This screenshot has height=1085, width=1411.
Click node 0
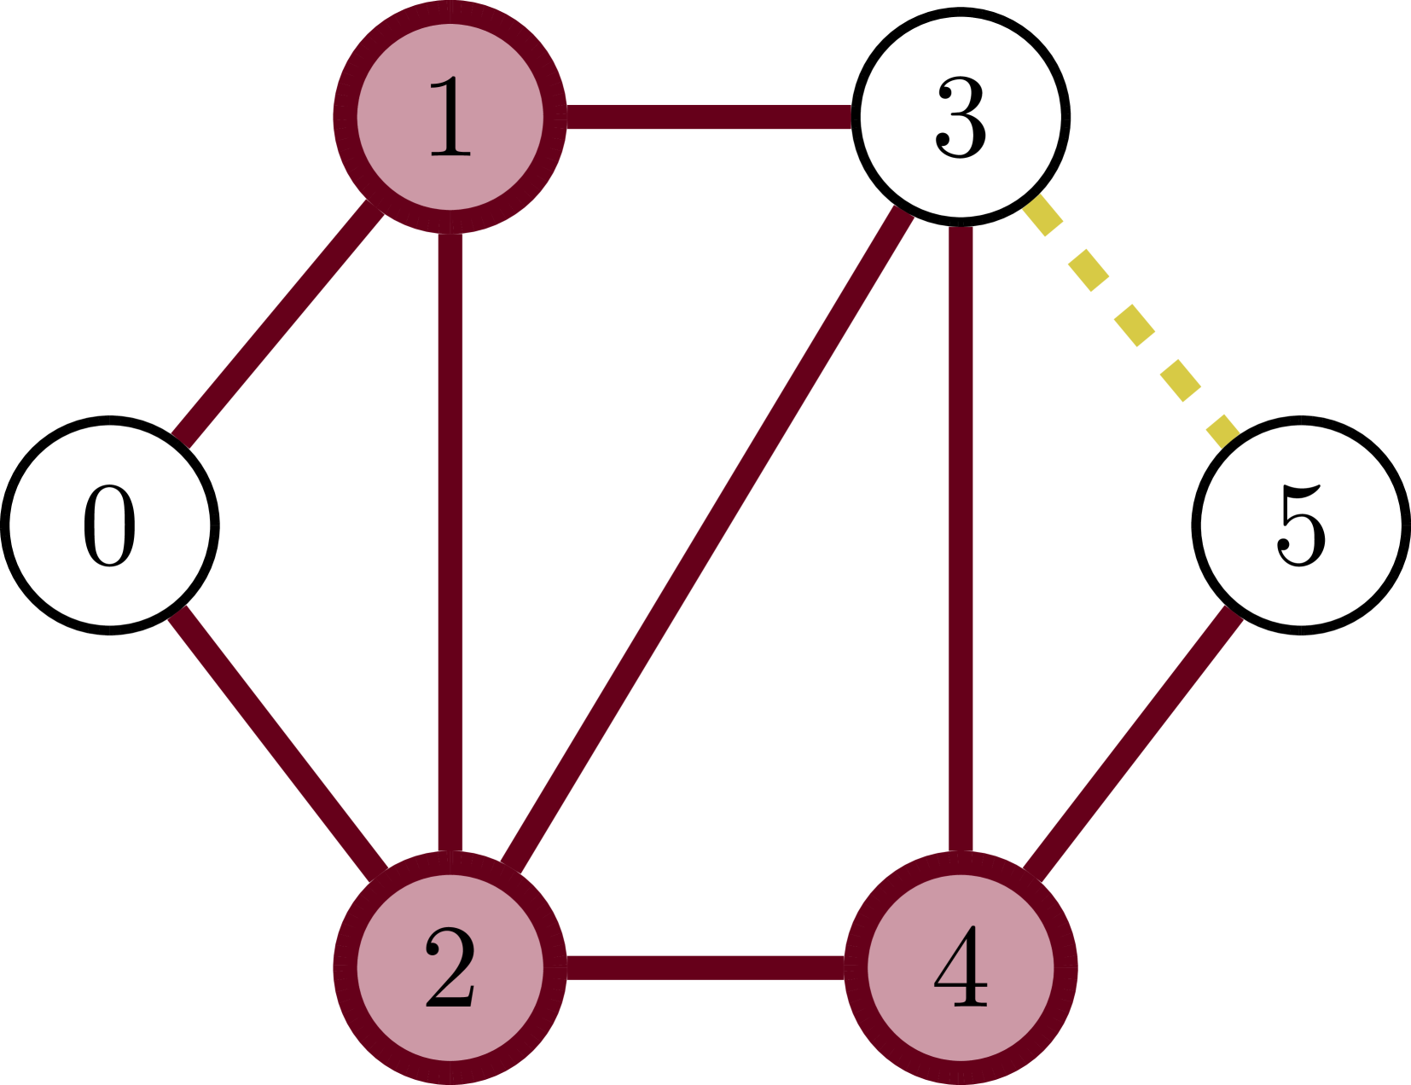click(110, 525)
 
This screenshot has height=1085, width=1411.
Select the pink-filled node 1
click(450, 117)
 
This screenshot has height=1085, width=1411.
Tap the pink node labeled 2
click(450, 968)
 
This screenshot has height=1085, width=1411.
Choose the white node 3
click(961, 117)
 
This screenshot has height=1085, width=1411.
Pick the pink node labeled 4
click(961, 968)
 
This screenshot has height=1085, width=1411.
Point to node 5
click(1301, 525)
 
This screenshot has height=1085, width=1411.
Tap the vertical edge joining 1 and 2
click(450, 542)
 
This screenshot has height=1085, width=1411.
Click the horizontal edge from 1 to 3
click(708, 117)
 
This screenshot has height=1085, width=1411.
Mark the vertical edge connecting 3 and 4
click(961, 542)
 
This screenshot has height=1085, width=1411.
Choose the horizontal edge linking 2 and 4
click(705, 968)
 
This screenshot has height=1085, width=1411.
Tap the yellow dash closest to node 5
click(1222, 431)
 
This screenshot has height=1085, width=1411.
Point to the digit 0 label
click(110, 525)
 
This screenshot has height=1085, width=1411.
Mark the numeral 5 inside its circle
click(1301, 525)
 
